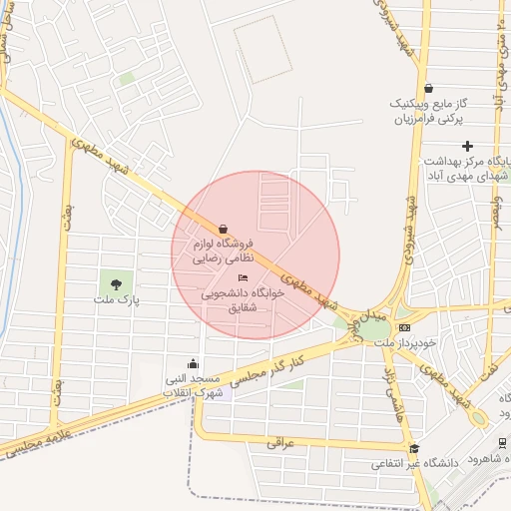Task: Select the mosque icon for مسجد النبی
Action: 193,364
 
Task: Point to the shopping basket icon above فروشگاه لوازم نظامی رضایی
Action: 223,229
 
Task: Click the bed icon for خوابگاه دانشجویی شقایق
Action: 243,277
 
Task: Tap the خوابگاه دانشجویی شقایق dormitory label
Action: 235,300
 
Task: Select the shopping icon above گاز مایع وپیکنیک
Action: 428,89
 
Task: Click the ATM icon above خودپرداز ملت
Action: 403,327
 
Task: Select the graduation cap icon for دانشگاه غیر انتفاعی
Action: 414,448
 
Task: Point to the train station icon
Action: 501,444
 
